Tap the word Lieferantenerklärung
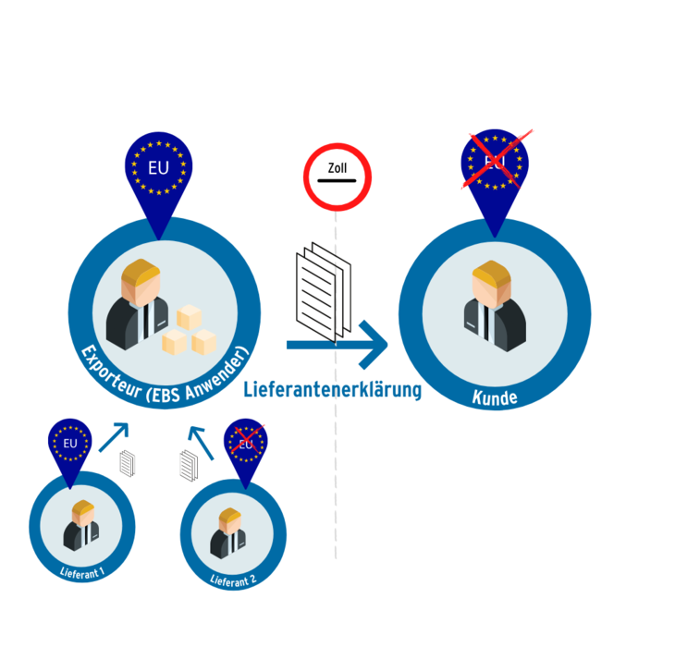(x=332, y=389)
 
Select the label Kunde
(x=495, y=397)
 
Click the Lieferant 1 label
(x=81, y=573)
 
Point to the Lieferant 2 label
(x=233, y=580)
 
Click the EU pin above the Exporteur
(x=158, y=181)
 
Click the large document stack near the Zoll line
(x=324, y=293)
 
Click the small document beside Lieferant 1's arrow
(x=127, y=463)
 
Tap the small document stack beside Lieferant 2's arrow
(x=189, y=465)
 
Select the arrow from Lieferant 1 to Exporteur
(x=114, y=437)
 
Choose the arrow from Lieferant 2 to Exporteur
(x=201, y=443)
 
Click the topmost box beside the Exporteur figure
(x=189, y=317)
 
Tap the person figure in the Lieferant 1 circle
(x=81, y=525)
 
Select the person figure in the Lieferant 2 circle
(x=228, y=533)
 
